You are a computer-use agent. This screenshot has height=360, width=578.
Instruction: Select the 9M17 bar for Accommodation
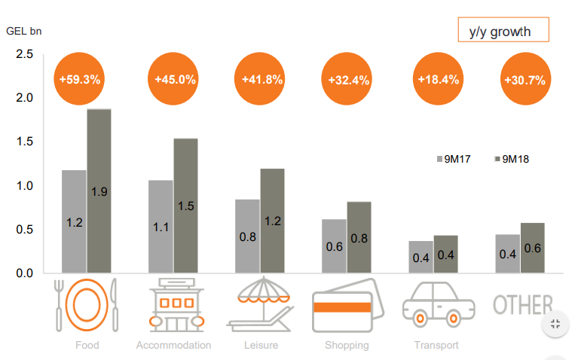tap(161, 226)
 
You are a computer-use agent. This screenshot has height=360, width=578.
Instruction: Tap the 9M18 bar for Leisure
tap(272, 220)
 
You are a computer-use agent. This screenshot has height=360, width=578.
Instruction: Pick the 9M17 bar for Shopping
tap(334, 246)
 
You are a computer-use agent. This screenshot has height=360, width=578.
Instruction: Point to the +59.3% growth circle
tap(80, 78)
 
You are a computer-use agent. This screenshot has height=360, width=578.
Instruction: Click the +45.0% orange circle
tap(175, 78)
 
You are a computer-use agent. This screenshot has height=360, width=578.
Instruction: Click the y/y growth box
tap(503, 31)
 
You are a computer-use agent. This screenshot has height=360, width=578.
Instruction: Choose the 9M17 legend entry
tap(453, 159)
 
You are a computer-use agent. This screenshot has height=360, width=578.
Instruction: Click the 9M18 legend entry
tap(512, 159)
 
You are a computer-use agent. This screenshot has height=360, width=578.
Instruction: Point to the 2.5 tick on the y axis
tap(24, 54)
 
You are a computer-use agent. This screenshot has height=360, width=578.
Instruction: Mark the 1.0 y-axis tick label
tap(24, 186)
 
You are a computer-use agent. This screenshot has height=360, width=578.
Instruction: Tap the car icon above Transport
tap(439, 304)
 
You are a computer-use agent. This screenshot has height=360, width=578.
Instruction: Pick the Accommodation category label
tap(173, 346)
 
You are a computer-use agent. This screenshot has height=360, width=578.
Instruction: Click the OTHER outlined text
tap(523, 304)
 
